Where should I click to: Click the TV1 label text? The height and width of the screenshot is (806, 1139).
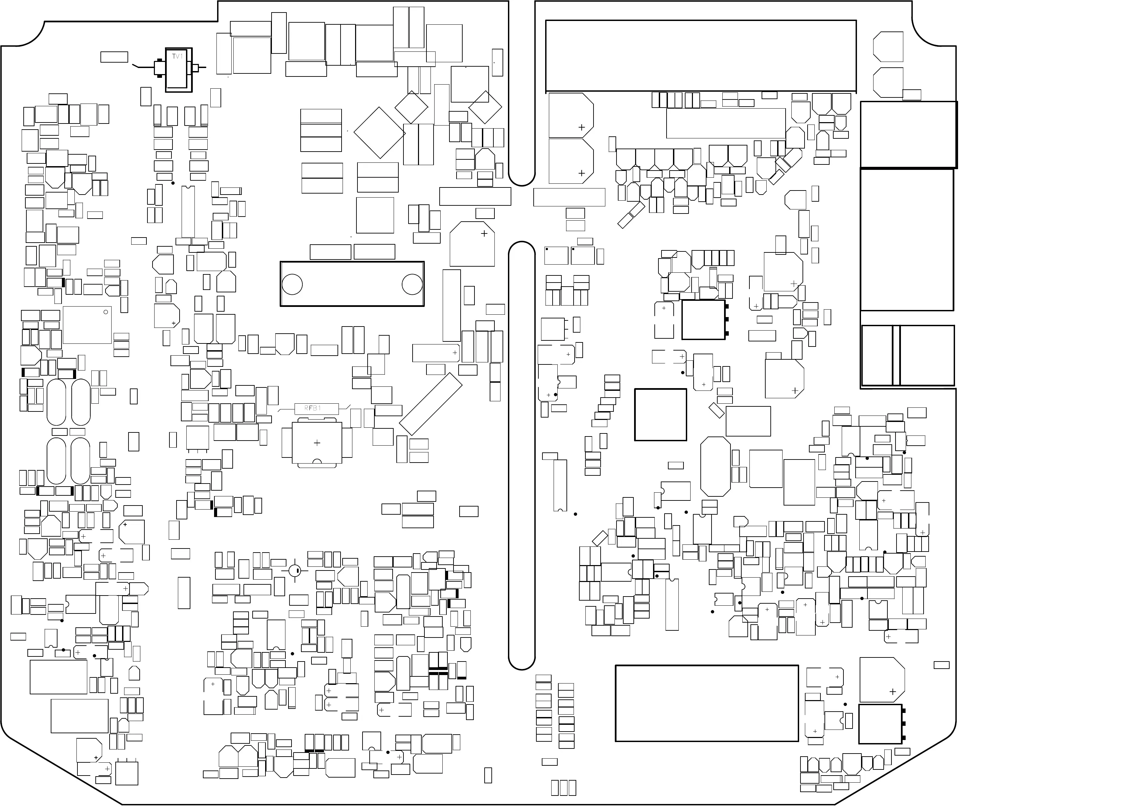[x=178, y=57]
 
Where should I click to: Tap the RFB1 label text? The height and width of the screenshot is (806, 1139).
[x=313, y=408]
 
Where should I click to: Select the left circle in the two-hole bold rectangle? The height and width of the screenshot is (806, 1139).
[x=292, y=284]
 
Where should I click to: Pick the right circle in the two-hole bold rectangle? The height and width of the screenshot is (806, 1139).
[x=412, y=284]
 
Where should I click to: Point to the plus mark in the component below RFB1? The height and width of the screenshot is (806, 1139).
[x=317, y=443]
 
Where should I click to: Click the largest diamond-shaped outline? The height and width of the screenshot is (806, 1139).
[x=379, y=133]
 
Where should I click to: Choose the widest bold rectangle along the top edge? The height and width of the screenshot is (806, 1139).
[x=700, y=55]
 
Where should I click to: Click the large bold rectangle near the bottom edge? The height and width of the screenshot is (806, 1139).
[x=706, y=703]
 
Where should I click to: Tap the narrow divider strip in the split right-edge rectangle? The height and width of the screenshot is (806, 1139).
[x=896, y=355]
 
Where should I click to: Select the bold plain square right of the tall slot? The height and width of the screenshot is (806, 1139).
[x=660, y=415]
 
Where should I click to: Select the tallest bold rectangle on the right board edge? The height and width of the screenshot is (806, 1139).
[x=906, y=240]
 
